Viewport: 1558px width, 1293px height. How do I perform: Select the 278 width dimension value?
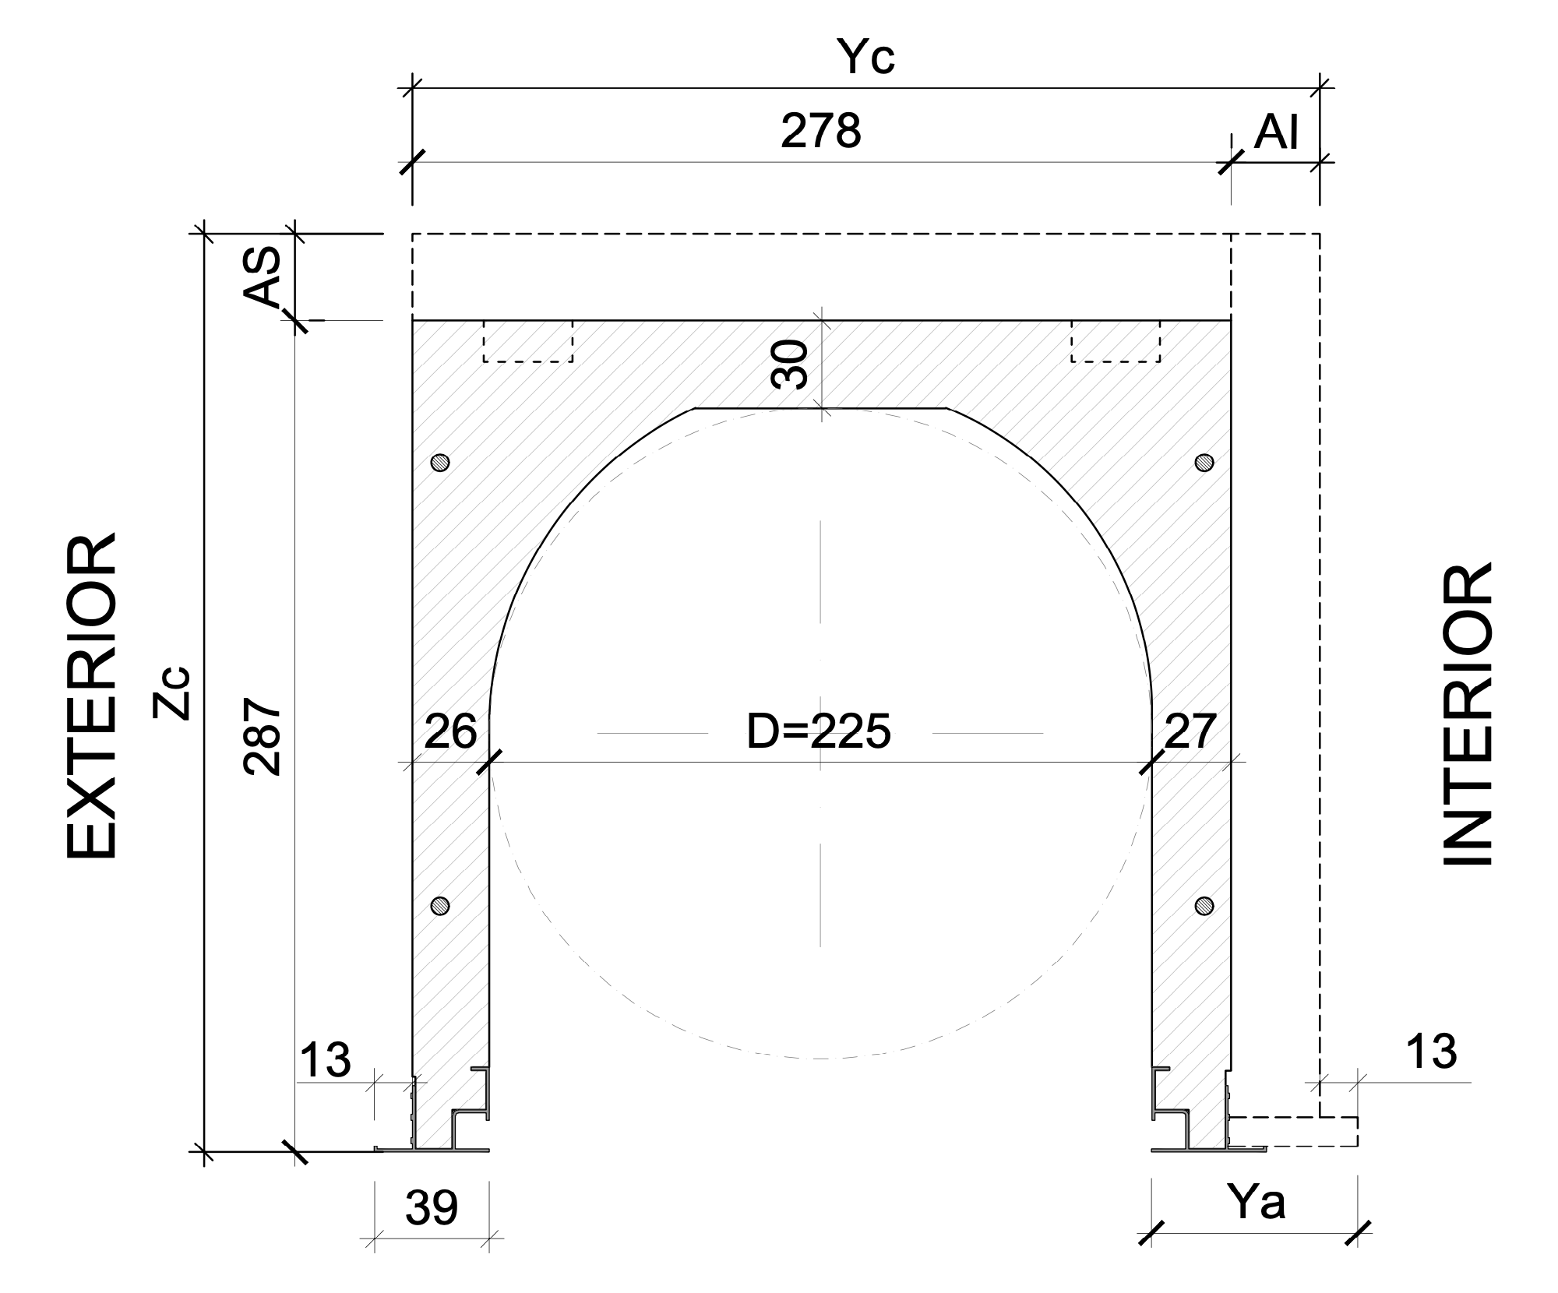820,131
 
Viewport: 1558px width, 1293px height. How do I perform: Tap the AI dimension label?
1276,133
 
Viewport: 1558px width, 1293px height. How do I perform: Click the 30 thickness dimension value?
789,365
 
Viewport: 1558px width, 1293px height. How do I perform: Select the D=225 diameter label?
818,732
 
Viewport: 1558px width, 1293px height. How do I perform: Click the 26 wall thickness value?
450,731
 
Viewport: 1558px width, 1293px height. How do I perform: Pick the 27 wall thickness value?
1190,731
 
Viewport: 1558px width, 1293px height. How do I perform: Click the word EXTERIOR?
91,696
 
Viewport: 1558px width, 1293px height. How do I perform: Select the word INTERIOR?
1468,713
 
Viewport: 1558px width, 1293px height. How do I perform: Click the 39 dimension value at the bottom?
432,1208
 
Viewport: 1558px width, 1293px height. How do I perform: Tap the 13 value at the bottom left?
325,1060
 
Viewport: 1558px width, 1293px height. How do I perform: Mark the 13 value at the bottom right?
1431,1052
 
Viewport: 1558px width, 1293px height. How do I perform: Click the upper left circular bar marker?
441,462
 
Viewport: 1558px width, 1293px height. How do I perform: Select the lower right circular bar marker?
1204,905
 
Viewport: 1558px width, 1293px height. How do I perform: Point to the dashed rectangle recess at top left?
528,341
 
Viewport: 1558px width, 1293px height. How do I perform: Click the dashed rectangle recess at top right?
1116,341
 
